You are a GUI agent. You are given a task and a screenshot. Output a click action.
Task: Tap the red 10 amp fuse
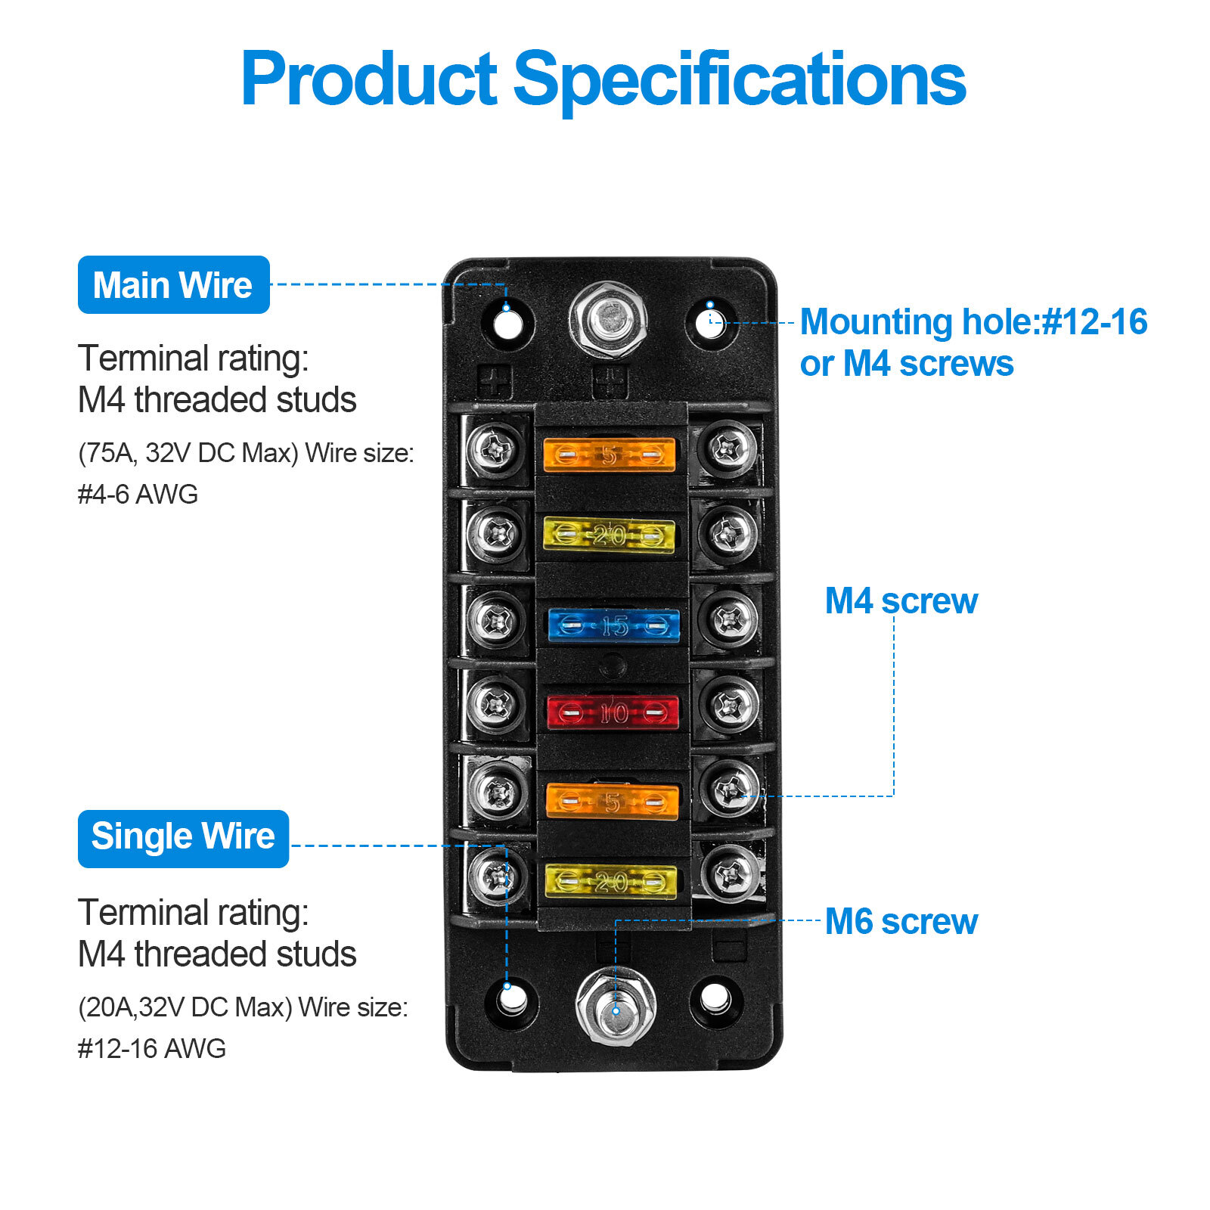[x=613, y=712]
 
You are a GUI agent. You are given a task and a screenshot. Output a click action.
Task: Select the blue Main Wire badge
[x=173, y=285]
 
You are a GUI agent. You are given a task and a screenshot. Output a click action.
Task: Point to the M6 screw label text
[x=901, y=922]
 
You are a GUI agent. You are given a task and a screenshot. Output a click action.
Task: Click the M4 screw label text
[x=901, y=601]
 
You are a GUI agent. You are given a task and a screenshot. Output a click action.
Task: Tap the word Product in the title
[x=369, y=79]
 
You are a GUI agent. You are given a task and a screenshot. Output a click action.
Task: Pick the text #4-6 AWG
[x=138, y=495]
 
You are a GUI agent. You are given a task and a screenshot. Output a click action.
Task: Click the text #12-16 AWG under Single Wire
[x=151, y=1049]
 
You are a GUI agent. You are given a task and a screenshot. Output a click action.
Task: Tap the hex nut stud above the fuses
[x=608, y=318]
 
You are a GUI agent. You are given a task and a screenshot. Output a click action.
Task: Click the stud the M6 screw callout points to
[x=615, y=1007]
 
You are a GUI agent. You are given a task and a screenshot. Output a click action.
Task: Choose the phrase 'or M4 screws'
[x=906, y=364]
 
